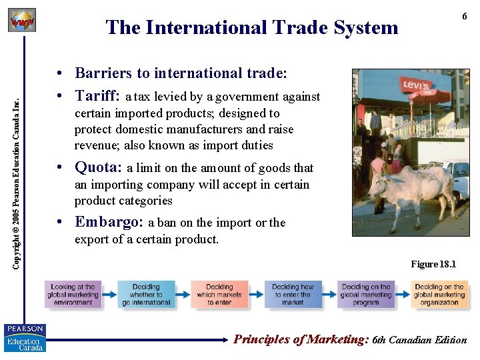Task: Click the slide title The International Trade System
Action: [251, 28]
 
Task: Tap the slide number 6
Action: [464, 17]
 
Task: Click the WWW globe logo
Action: [21, 21]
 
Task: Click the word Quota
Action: [98, 167]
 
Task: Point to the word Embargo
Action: [109, 222]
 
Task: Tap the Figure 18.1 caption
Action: [433, 264]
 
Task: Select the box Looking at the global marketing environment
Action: [73, 295]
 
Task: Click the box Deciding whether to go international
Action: [146, 295]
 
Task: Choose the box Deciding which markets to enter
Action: [219, 295]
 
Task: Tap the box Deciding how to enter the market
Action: [293, 295]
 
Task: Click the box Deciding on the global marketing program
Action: [365, 295]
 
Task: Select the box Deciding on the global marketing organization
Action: [439, 295]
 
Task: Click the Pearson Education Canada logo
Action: [25, 337]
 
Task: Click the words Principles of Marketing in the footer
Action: [301, 339]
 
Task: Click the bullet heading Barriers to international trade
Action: [181, 73]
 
